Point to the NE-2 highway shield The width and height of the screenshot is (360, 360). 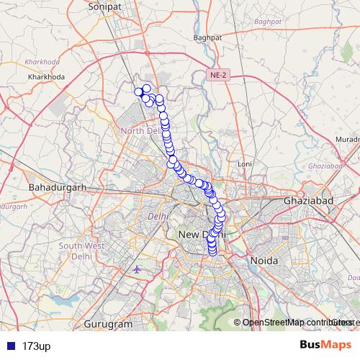click(x=219, y=75)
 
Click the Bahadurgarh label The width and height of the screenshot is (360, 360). click(x=58, y=187)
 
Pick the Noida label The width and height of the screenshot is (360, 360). click(x=264, y=260)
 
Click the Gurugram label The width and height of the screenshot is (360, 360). click(x=109, y=325)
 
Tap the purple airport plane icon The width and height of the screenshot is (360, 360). click(x=137, y=269)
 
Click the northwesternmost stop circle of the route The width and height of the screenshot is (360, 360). click(x=138, y=91)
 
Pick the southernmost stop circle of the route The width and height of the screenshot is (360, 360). click(x=212, y=251)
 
